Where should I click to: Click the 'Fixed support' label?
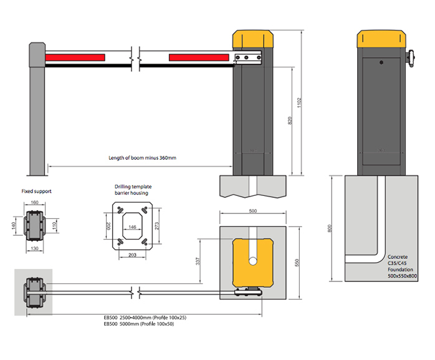click(x=37, y=192)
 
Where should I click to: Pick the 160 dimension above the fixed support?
click(x=34, y=203)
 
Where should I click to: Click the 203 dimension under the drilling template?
click(x=131, y=255)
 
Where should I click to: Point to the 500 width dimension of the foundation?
click(x=253, y=212)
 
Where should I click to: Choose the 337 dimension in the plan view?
click(x=199, y=261)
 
